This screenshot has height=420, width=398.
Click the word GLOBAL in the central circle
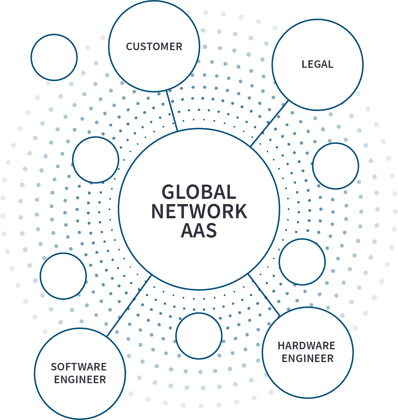(x=199, y=192)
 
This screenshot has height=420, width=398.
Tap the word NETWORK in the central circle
(x=199, y=212)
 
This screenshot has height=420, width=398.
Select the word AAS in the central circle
(x=199, y=231)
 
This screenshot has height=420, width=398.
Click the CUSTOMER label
(x=154, y=47)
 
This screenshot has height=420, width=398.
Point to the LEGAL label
(x=317, y=64)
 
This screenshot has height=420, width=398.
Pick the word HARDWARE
(x=306, y=346)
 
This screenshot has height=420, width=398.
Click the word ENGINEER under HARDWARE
(x=307, y=359)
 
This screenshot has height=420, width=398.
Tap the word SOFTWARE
(x=79, y=367)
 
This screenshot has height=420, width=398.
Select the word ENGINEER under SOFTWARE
(x=80, y=380)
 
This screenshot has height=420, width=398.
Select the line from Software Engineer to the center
(x=129, y=306)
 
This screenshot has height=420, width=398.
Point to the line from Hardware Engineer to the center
(x=264, y=294)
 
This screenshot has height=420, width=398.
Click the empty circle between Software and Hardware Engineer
(x=199, y=336)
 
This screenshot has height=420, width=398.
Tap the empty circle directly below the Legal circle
(x=336, y=166)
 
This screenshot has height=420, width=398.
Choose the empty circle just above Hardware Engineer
(x=302, y=262)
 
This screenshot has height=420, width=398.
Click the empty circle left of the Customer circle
(x=54, y=57)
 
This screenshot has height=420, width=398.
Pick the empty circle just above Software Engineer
(x=63, y=276)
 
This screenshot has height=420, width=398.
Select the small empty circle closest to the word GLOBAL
(x=95, y=160)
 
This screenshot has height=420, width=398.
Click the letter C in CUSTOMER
(x=129, y=47)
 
